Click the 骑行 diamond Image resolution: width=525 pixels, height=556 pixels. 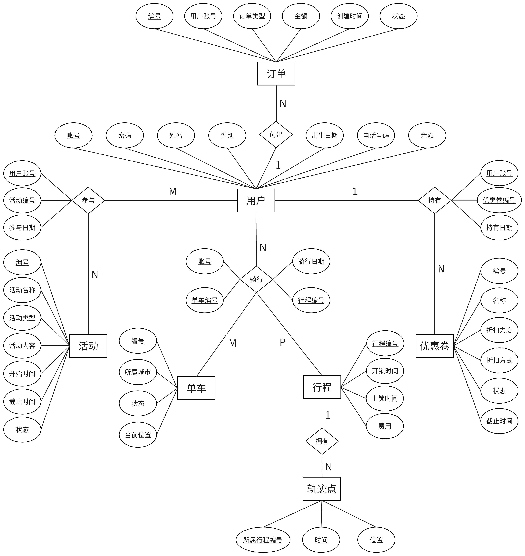pos(256,279)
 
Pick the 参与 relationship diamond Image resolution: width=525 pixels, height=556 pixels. pos(88,200)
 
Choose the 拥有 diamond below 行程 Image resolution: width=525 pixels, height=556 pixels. pos(322,441)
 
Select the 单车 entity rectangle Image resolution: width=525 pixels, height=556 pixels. pos(196,388)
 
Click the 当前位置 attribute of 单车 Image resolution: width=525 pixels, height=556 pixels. pos(138,435)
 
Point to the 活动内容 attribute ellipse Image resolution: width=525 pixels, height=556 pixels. pos(22,346)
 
